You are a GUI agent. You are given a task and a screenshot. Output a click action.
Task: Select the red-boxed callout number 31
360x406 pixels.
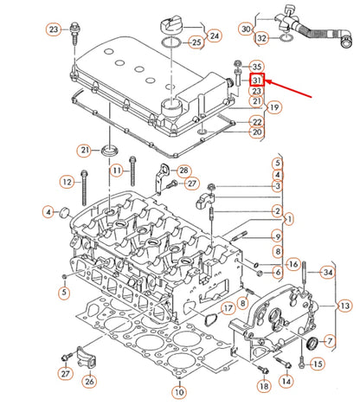point(256,80)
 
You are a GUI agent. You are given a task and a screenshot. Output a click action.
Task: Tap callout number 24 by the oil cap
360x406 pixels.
point(214,35)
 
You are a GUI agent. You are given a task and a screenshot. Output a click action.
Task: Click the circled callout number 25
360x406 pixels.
point(196,42)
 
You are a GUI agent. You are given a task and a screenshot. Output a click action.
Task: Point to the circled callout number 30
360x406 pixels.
point(247,29)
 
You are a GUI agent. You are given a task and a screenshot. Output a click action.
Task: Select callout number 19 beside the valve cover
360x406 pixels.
point(251,107)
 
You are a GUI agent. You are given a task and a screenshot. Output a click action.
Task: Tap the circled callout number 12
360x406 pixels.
point(67,181)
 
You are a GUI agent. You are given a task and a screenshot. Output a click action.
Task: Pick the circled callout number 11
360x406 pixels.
point(115,173)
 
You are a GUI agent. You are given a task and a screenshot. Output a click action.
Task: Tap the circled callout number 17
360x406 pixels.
point(227,307)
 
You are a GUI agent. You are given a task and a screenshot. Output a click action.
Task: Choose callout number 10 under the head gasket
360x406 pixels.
point(178,392)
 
